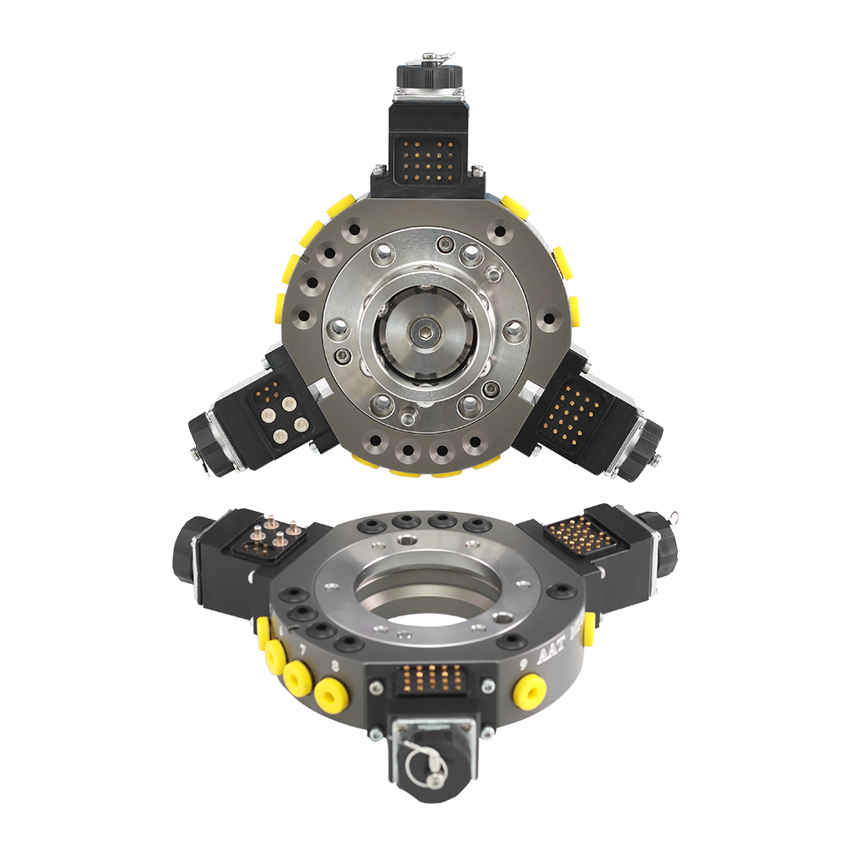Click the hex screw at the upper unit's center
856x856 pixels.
[425, 330]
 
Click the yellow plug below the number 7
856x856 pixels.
[298, 676]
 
